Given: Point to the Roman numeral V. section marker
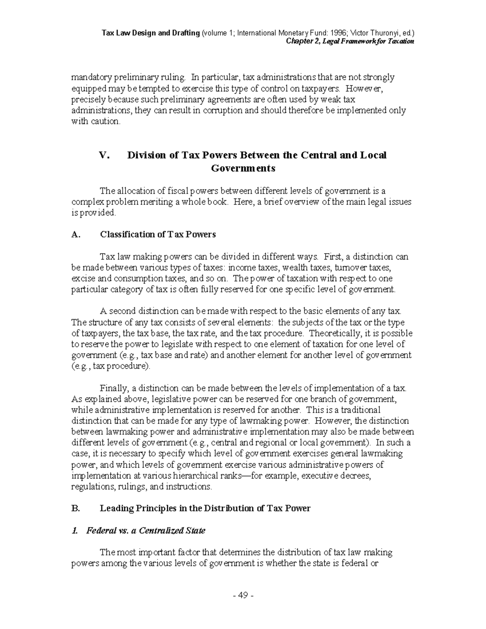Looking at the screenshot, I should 104,155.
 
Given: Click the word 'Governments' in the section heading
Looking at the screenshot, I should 243,168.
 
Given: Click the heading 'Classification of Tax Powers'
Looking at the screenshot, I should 158,235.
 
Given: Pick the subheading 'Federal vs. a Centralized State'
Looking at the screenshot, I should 146,531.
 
